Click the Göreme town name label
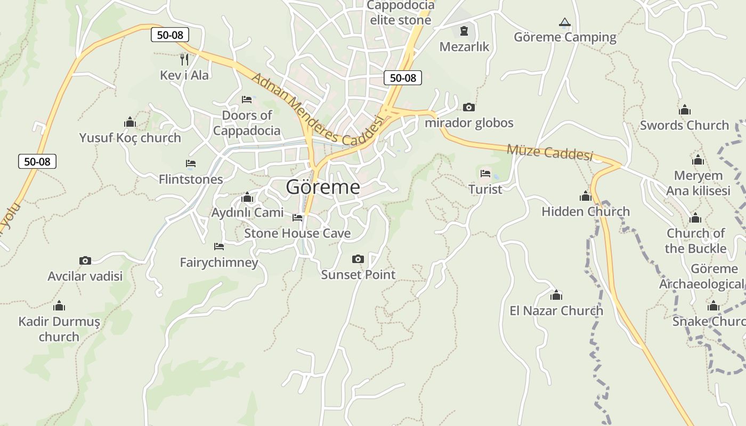tap(323, 187)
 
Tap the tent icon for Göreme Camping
tap(565, 22)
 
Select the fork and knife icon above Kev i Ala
tap(184, 59)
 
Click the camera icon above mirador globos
tap(469, 108)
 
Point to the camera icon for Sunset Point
tap(358, 259)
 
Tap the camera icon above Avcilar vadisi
tap(85, 260)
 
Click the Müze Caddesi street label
tap(549, 152)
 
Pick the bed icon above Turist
tap(485, 174)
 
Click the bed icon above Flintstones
tap(191, 163)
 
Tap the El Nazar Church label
tap(556, 310)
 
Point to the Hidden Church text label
tap(586, 211)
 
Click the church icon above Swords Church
tap(685, 110)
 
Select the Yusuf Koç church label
tap(130, 138)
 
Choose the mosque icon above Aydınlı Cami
tap(247, 198)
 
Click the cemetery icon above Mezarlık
tap(464, 31)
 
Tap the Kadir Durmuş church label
tap(59, 329)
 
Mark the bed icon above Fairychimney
tap(219, 247)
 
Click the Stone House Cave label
tap(297, 233)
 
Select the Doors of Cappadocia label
tap(247, 123)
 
